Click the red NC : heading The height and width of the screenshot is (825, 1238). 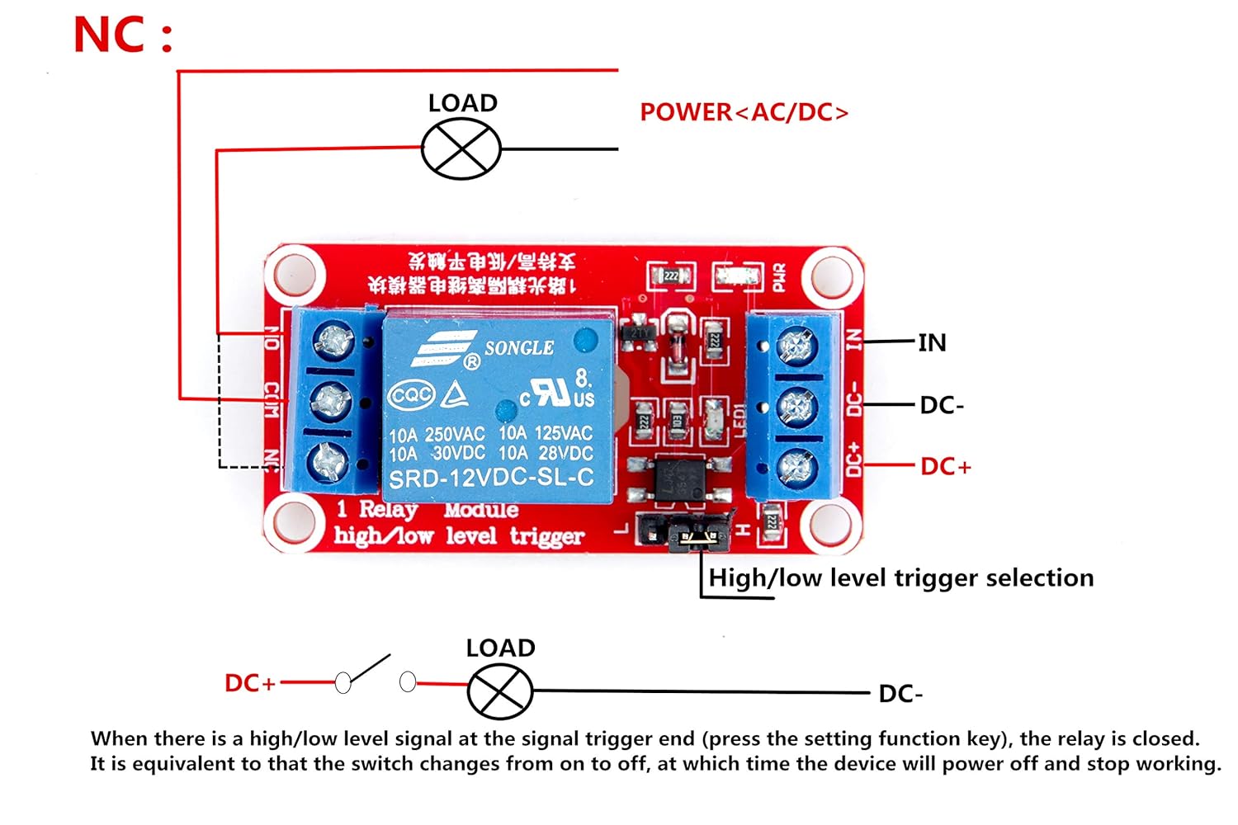[123, 35]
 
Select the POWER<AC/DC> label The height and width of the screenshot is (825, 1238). [744, 112]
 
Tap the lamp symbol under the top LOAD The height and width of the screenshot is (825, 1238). [461, 149]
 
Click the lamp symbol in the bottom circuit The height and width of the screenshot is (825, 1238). [500, 691]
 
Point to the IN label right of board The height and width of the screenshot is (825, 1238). [932, 342]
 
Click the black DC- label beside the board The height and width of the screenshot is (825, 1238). [942, 405]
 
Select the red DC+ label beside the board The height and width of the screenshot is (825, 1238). [946, 466]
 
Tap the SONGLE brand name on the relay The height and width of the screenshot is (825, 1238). [518, 348]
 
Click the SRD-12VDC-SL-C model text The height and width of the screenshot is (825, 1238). [491, 478]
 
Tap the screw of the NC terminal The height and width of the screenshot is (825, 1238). [328, 462]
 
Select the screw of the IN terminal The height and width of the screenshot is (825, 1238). [796, 345]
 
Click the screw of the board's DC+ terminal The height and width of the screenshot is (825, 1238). [796, 468]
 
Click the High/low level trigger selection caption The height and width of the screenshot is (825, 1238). [900, 577]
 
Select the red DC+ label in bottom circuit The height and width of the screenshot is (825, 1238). [249, 683]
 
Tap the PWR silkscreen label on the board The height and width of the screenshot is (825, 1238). [778, 277]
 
